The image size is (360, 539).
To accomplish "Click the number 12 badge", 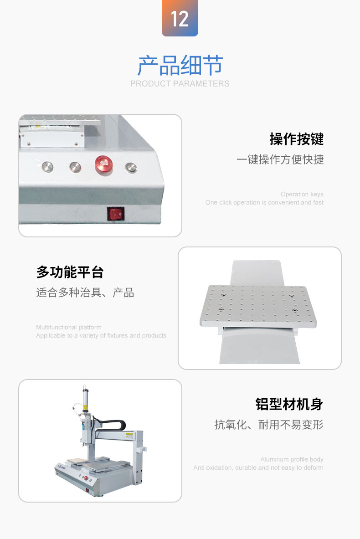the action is (x=180, y=18).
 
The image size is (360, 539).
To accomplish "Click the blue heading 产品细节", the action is (x=180, y=65).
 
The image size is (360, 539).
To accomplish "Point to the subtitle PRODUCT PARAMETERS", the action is (x=180, y=83).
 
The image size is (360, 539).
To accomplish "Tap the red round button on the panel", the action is (x=104, y=164).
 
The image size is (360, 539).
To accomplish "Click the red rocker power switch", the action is (x=116, y=214).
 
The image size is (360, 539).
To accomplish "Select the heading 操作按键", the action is (x=296, y=139).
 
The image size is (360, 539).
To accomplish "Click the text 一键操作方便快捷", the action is (x=280, y=159).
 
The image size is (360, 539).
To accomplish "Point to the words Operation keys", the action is (x=302, y=194).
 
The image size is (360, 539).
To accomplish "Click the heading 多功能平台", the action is (x=70, y=272).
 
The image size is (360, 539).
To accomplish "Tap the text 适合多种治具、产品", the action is (x=85, y=293).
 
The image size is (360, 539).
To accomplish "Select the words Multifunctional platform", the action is (x=69, y=327).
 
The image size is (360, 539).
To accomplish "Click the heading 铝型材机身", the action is (x=289, y=404).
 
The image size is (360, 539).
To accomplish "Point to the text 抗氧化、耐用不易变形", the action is (x=269, y=425).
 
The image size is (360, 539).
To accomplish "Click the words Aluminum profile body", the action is (x=292, y=460).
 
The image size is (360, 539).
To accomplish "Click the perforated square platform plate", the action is (x=258, y=306).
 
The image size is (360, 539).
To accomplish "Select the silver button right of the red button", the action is (x=131, y=168).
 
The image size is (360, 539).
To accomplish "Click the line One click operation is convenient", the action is (x=264, y=202).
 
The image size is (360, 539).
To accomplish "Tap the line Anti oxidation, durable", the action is (x=258, y=468).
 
